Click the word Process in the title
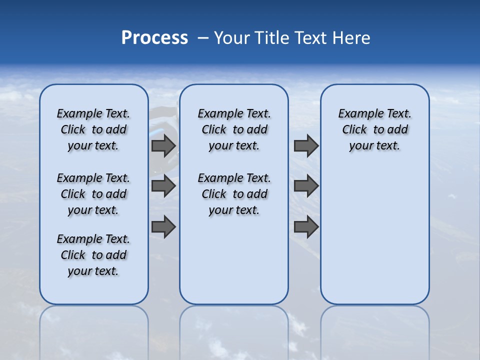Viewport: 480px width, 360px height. (x=154, y=38)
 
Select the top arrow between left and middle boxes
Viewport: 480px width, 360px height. (x=163, y=146)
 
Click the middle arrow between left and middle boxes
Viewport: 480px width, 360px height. (x=163, y=186)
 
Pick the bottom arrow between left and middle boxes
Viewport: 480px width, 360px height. (x=163, y=226)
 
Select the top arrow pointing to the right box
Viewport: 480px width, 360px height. (x=306, y=146)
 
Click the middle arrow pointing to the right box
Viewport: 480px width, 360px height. (x=306, y=186)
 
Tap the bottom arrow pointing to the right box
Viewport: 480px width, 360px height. (x=306, y=226)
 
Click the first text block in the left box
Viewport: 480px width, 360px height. (x=93, y=129)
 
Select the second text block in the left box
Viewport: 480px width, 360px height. (x=93, y=194)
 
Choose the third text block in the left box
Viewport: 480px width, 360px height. (x=93, y=255)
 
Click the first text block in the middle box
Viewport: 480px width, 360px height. (x=234, y=129)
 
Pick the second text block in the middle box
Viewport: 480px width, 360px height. (x=234, y=194)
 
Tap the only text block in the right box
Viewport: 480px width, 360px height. (x=375, y=129)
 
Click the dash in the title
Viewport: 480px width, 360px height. (x=203, y=38)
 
